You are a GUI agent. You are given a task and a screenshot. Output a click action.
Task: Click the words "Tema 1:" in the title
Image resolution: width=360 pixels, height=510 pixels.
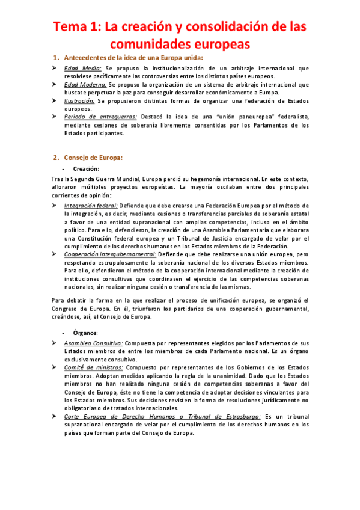click(x=76, y=27)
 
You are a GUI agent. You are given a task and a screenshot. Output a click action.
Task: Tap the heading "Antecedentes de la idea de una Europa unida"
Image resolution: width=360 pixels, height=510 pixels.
click(x=134, y=58)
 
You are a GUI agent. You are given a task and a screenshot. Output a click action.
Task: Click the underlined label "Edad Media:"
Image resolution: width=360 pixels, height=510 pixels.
click(x=82, y=69)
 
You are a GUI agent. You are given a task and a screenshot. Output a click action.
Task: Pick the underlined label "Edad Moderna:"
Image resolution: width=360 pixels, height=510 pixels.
click(x=86, y=85)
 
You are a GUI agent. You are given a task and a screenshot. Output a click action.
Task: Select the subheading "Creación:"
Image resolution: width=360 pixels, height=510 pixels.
click(x=87, y=170)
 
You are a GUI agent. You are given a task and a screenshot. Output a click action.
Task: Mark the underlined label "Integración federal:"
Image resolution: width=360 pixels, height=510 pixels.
click(x=90, y=206)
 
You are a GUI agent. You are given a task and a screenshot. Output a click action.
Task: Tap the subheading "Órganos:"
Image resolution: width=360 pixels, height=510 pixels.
click(x=85, y=333)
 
